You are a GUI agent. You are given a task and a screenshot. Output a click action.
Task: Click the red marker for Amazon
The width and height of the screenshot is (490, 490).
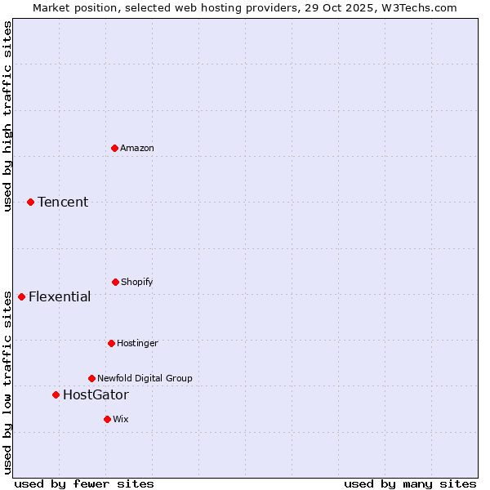114,148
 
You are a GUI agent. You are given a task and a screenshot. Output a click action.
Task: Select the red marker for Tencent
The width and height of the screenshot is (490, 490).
30,202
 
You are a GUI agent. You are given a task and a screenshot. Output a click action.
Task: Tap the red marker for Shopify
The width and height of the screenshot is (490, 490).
115,282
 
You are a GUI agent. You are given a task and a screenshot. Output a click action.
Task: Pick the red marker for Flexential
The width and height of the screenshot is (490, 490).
21,296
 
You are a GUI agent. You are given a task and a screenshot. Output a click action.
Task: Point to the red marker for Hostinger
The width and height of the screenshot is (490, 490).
111,343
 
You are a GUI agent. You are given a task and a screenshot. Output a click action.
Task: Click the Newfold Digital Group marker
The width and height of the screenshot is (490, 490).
91,378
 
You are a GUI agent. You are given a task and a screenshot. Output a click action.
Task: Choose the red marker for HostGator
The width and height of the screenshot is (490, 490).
56,394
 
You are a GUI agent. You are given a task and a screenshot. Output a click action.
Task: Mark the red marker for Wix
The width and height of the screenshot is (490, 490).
107,419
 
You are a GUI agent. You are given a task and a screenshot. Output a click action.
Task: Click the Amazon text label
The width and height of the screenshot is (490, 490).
137,148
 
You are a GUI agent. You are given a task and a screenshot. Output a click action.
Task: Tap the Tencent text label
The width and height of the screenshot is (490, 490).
63,202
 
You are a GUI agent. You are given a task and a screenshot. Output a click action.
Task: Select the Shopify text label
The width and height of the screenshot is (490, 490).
137,282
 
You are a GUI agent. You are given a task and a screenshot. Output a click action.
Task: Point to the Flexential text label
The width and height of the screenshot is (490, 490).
60,296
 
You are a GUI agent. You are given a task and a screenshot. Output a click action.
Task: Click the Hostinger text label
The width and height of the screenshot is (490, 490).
137,343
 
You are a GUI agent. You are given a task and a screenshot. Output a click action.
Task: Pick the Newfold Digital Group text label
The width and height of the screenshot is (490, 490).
145,378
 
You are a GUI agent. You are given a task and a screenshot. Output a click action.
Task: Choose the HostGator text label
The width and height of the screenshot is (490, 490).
96,394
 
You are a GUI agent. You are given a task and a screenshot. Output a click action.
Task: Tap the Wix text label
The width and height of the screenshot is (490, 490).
121,419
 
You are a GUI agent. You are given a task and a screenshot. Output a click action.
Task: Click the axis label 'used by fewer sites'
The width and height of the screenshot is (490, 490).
84,483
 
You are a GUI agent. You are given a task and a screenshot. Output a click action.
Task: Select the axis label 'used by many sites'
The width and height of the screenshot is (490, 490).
410,483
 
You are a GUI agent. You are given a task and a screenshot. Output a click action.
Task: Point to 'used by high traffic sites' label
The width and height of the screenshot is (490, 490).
7,115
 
